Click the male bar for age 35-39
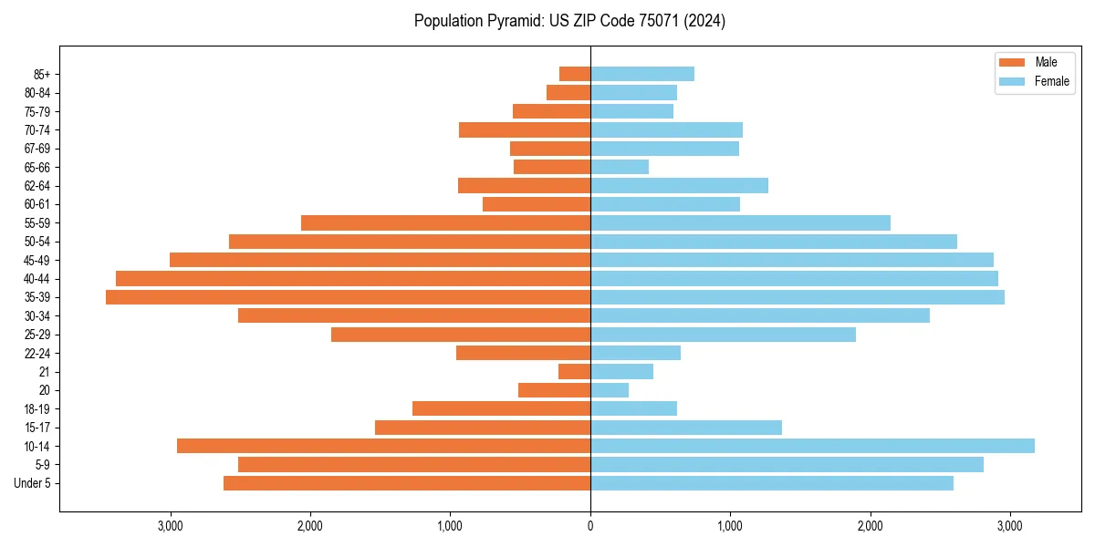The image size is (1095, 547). [348, 297]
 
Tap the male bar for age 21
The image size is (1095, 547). [574, 372]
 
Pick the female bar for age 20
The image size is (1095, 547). [610, 390]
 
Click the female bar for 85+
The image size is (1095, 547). [642, 74]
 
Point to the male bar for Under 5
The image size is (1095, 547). [407, 483]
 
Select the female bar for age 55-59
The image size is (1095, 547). [740, 222]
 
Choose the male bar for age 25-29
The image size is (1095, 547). [461, 335]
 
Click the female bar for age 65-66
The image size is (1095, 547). [620, 167]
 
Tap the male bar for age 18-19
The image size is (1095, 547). [501, 408]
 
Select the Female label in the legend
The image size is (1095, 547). [1052, 81]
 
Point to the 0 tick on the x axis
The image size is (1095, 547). [590, 526]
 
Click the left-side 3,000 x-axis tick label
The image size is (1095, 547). [171, 526]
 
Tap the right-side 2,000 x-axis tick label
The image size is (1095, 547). [870, 526]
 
